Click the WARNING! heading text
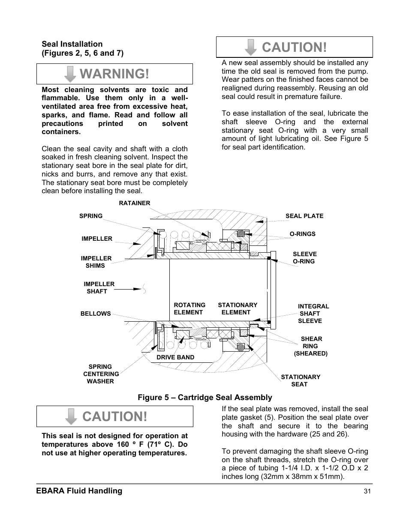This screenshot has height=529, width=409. tap(114, 74)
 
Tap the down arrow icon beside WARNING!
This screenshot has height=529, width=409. tap(70, 74)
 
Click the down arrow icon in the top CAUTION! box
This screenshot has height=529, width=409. tap(251, 47)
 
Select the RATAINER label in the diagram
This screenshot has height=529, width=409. tap(135, 203)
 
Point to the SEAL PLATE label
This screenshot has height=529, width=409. tap(304, 216)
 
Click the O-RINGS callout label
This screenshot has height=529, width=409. tap(302, 234)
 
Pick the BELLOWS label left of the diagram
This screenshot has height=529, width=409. tap(96, 314)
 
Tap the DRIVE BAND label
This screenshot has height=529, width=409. tap(175, 357)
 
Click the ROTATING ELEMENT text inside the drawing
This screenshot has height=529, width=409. tap(189, 309)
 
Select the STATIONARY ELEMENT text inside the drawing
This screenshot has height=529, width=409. tap(238, 309)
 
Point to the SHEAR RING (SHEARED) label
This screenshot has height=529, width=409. tap(311, 346)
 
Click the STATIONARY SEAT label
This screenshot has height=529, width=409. tap(300, 380)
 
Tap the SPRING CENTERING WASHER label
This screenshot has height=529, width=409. tap(100, 374)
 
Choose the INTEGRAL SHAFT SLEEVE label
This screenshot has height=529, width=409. tap(313, 314)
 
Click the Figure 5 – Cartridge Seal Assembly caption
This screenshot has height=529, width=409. tap(204, 397)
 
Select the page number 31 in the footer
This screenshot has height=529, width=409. tap(367, 492)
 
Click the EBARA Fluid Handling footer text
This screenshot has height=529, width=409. tap(81, 491)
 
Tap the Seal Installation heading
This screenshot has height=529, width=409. tap(72, 44)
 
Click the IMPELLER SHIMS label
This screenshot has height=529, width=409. tap(96, 262)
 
